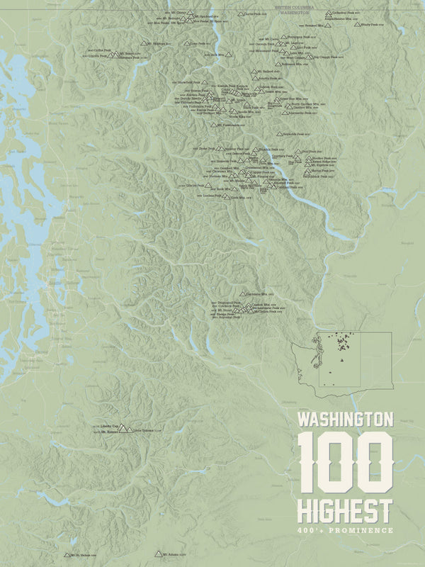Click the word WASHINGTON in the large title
(x=345, y=419)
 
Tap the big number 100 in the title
(x=345, y=463)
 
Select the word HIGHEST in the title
(x=345, y=510)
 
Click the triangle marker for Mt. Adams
(x=159, y=554)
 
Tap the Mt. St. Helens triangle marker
(x=67, y=554)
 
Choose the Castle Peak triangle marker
(x=241, y=14)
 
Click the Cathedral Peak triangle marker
(x=328, y=13)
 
